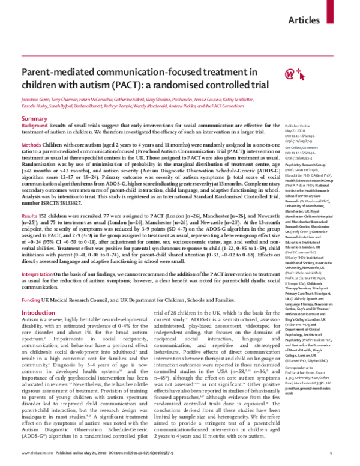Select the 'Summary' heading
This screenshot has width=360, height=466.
click(34, 103)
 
